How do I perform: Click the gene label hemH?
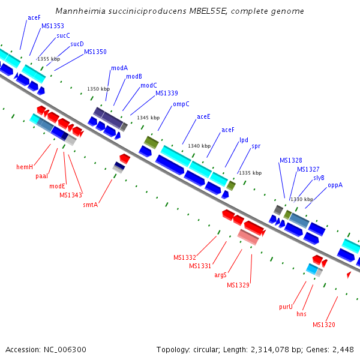[x=25, y=167]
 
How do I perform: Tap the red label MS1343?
[x=70, y=195]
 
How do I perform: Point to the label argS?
[x=220, y=275]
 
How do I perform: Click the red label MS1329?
[x=238, y=285]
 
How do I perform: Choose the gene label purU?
[x=286, y=307]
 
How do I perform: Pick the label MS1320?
[x=323, y=325]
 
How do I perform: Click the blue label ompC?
[x=181, y=104]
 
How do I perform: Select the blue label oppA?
[x=335, y=185]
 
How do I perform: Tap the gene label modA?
[x=119, y=68]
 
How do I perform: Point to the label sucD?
[x=77, y=44]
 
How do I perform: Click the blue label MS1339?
[x=167, y=93]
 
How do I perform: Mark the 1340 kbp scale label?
[x=199, y=146]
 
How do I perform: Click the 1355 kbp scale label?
[x=49, y=59]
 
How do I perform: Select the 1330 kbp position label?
[x=301, y=199]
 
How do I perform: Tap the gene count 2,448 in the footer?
[x=343, y=349]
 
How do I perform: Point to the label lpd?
[x=244, y=140]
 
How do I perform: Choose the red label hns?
[x=301, y=314]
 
